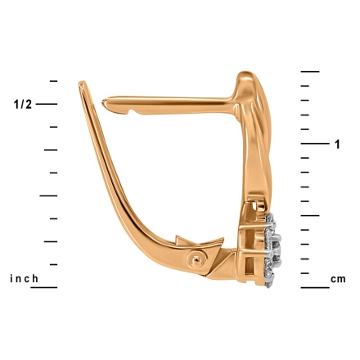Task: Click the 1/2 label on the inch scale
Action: [x=23, y=104]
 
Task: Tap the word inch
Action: [x=24, y=279]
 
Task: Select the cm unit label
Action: [x=338, y=279]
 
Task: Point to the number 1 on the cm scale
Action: [x=338, y=144]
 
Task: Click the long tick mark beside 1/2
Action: [x=47, y=104]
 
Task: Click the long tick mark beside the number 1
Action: [x=315, y=143]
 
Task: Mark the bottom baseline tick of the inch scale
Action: [x=44, y=287]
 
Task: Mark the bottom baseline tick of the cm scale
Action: [x=315, y=287]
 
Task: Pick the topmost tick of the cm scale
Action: [x=310, y=71]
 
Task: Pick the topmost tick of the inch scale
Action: [x=53, y=81]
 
